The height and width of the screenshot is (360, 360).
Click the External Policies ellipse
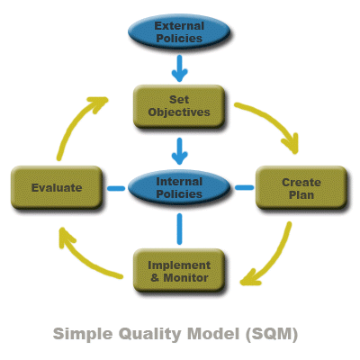[x=179, y=31]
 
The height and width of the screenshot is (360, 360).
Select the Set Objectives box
[x=179, y=106]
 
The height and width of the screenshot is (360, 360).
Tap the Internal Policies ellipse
[x=179, y=187]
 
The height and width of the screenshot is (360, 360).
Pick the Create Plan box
[x=301, y=187]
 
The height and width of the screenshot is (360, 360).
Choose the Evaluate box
[x=57, y=187]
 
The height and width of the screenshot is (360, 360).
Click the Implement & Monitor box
[x=179, y=271]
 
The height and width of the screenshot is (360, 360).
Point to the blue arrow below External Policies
[x=180, y=68]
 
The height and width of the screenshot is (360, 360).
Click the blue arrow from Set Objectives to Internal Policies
[x=180, y=151]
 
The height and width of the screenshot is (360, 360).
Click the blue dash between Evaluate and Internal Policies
[x=116, y=188]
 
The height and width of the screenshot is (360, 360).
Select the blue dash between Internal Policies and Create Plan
[x=244, y=188]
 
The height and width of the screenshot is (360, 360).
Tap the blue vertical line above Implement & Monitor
[x=179, y=229]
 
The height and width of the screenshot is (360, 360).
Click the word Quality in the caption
[x=150, y=335]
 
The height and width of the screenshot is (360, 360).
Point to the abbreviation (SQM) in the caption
[x=272, y=334]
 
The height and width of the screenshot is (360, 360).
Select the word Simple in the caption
[x=83, y=334]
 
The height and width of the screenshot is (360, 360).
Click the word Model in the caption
[x=213, y=334]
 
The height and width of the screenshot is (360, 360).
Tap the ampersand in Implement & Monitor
[x=155, y=277]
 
